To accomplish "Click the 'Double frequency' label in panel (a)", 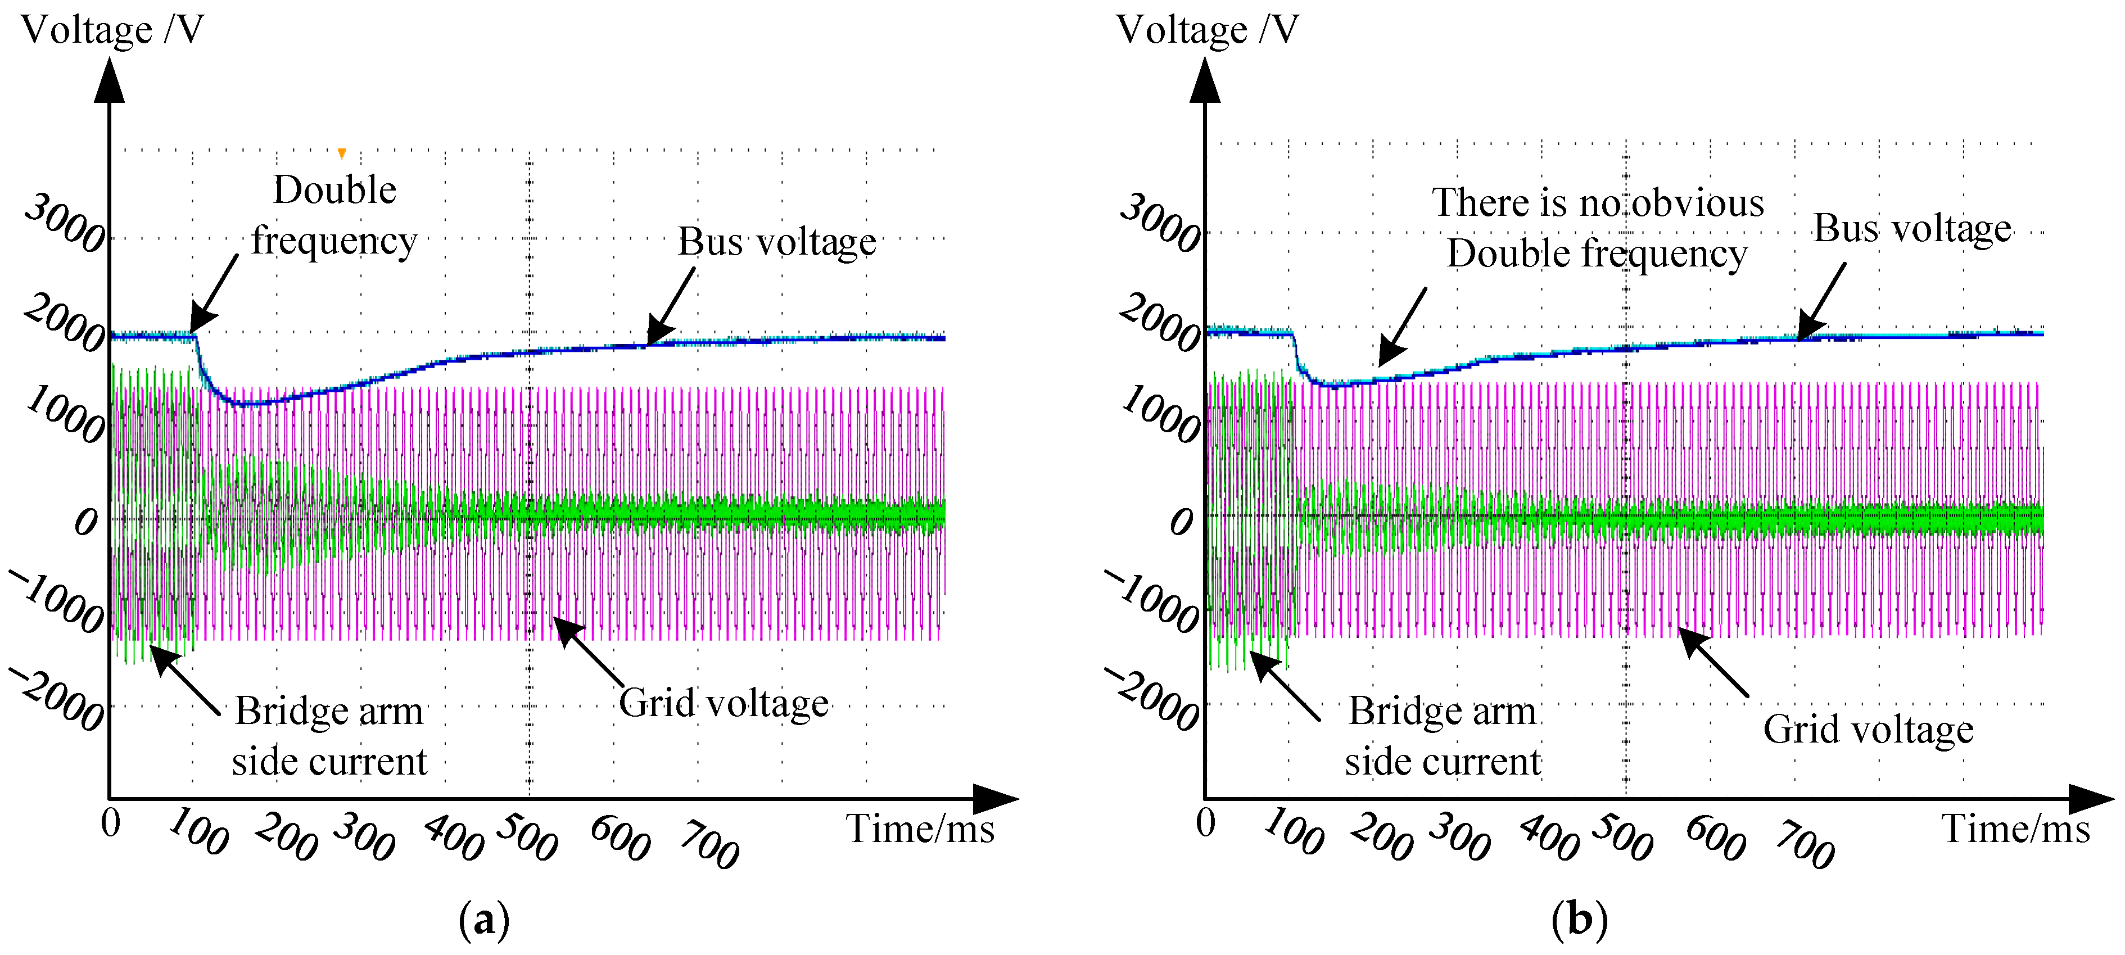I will (x=334, y=215).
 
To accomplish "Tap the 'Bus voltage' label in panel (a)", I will (x=776, y=242).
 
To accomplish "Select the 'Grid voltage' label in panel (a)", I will (x=724, y=704).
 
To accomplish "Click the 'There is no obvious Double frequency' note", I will (x=1597, y=228).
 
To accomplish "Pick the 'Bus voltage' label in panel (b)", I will (x=1911, y=228).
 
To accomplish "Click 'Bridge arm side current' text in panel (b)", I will (x=1442, y=736).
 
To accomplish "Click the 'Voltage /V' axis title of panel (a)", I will (x=112, y=30).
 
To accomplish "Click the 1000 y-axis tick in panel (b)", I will (x=1161, y=415).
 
